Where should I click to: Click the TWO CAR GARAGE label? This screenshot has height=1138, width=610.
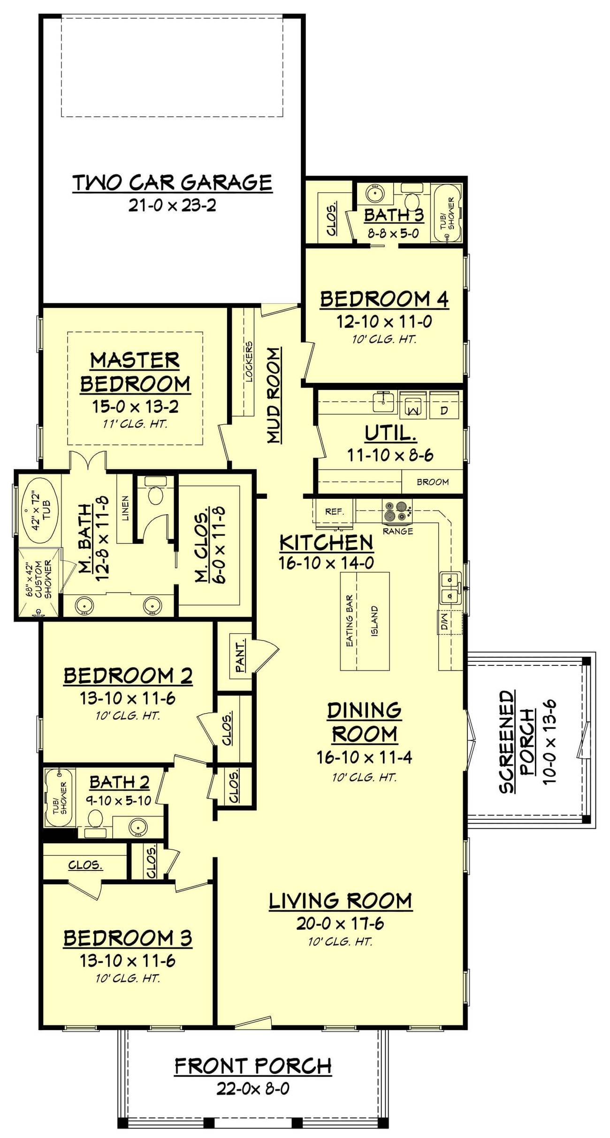[x=172, y=183]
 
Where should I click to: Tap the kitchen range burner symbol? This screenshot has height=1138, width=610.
[x=397, y=512]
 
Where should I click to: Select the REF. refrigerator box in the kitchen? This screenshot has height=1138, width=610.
[x=334, y=511]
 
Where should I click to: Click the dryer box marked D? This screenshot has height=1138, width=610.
[x=444, y=410]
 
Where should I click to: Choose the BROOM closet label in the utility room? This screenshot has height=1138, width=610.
[x=432, y=482]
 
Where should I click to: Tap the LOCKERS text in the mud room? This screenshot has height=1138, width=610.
[x=249, y=361]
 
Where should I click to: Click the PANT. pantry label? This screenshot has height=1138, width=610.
[x=240, y=656]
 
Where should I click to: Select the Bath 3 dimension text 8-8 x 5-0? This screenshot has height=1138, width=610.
[x=393, y=233]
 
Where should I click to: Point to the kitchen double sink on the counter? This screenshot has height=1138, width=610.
[x=450, y=588]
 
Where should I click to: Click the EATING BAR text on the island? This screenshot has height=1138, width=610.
[x=350, y=621]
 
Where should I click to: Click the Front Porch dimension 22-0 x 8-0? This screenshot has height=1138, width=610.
[x=253, y=1088]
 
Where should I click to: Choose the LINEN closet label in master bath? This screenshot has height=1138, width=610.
[x=125, y=508]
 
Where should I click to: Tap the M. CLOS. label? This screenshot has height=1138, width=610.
[x=202, y=545]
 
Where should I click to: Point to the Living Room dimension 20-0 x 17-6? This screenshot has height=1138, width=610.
[x=340, y=923]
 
